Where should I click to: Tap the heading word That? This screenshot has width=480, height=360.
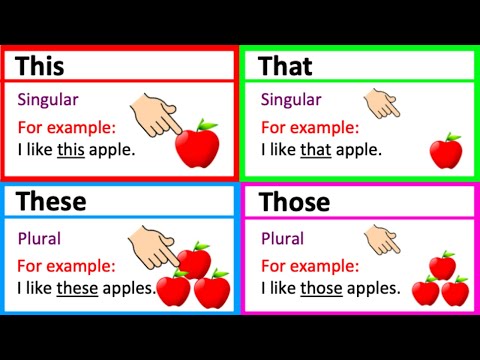pyautogui.click(x=286, y=66)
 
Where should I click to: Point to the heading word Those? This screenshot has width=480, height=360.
pyautogui.click(x=294, y=202)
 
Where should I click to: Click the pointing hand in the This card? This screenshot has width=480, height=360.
pyautogui.click(x=158, y=113)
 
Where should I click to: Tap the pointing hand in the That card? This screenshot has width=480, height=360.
pyautogui.click(x=381, y=102)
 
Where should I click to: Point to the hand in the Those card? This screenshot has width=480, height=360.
pyautogui.click(x=381, y=238)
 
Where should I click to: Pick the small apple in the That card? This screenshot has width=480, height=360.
pyautogui.click(x=445, y=152)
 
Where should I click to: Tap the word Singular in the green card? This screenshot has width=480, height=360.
pyautogui.click(x=291, y=100)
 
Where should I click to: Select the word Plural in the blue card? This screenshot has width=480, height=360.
pyautogui.click(x=40, y=239)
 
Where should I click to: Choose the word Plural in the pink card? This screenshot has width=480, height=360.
pyautogui.click(x=283, y=239)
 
